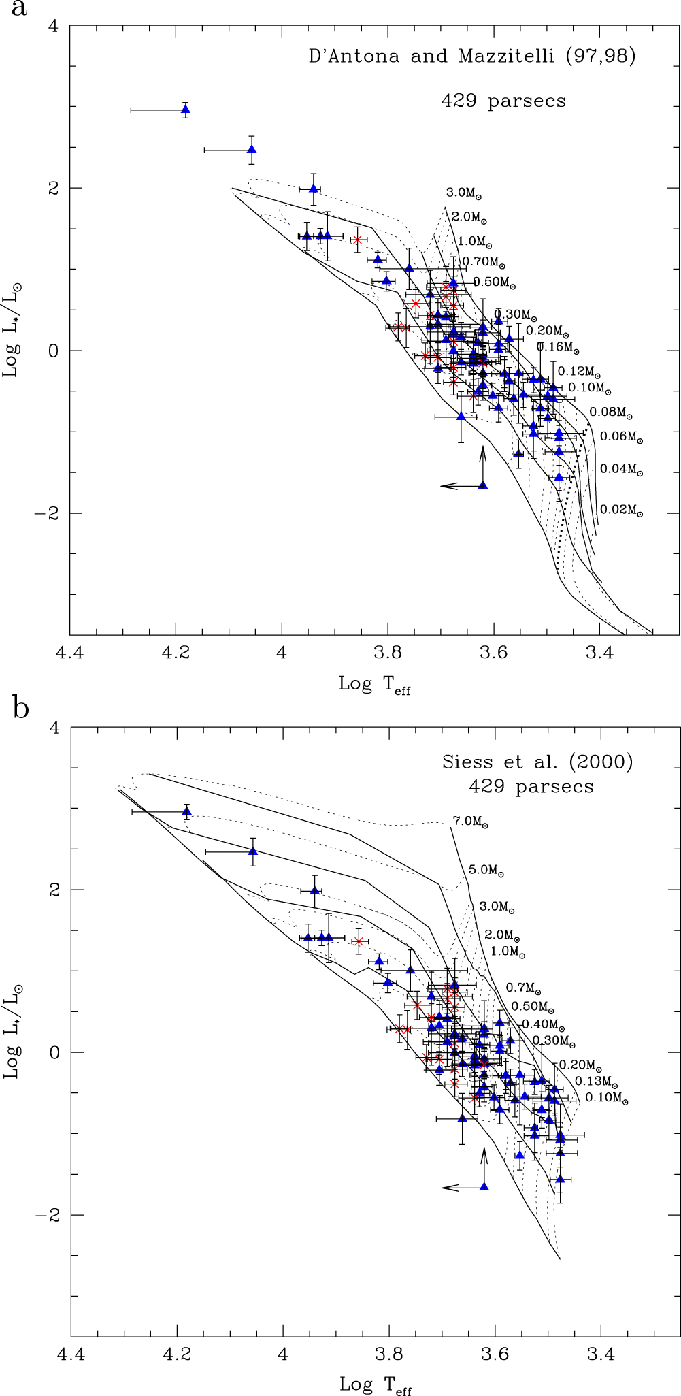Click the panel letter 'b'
20,708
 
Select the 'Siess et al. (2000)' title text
537,762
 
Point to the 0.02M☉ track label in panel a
621,510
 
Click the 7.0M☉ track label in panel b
471,822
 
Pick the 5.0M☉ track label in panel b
486,869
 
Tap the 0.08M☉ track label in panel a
611,412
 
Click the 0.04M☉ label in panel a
621,470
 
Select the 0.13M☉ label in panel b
596,1081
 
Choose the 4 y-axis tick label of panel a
54,27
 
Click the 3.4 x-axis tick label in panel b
600,1354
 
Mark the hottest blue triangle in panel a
185,110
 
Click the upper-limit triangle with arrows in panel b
484,1186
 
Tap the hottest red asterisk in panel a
356,240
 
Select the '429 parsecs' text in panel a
503,101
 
